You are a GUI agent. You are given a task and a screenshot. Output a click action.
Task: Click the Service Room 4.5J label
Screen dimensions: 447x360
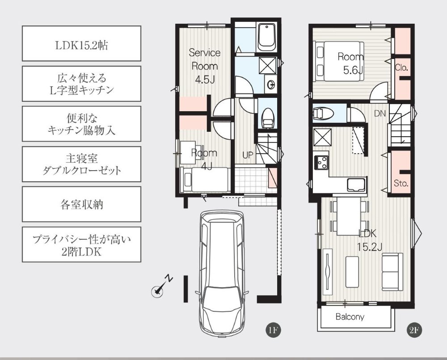click(205, 66)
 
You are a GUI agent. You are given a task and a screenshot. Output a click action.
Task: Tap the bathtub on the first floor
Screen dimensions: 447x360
click(266, 37)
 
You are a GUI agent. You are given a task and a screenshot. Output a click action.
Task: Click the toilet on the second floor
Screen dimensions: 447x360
click(324, 113)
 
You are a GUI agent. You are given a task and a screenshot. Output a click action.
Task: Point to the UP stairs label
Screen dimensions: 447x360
click(248, 155)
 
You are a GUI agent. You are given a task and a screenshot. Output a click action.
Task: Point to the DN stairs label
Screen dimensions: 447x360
click(380, 113)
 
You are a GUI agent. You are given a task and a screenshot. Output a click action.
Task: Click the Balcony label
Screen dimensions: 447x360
click(350, 317)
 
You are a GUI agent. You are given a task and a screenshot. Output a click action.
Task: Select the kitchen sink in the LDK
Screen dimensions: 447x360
click(356, 185)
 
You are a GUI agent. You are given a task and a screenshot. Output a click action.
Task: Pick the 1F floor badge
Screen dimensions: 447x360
click(273, 330)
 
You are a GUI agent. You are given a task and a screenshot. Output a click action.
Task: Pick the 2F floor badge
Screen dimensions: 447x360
click(414, 330)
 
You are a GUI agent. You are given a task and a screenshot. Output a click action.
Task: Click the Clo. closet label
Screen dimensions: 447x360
click(401, 68)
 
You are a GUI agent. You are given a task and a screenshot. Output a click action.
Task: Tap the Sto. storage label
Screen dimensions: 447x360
click(401, 184)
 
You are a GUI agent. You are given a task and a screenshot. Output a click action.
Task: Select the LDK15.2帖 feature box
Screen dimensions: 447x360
click(81, 43)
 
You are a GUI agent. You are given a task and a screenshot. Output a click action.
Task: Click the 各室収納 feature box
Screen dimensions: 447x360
click(81, 204)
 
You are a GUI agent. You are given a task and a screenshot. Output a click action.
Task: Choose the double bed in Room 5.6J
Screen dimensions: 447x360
click(338, 62)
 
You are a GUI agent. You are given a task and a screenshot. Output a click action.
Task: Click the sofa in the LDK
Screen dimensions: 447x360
click(392, 272)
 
